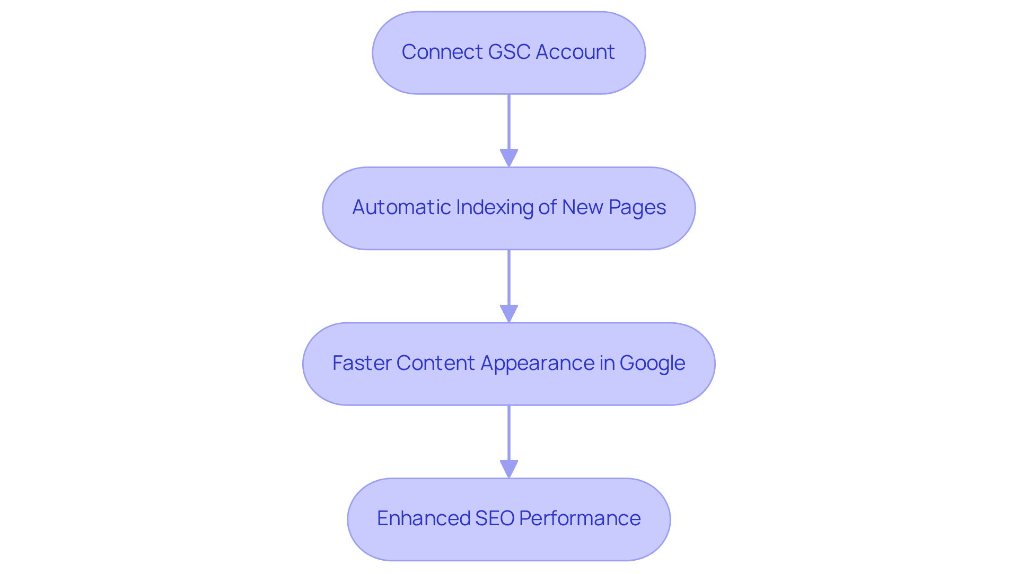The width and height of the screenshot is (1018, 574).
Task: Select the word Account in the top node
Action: coord(575,52)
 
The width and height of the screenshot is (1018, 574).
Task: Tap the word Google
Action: coord(652,363)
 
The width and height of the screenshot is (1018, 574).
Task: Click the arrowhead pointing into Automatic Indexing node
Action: coord(509,158)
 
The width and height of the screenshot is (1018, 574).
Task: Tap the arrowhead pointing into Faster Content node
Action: coord(509,314)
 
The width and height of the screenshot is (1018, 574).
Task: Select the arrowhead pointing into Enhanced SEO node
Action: coord(509,469)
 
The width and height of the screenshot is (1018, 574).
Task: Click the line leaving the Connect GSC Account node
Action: coord(509,122)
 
